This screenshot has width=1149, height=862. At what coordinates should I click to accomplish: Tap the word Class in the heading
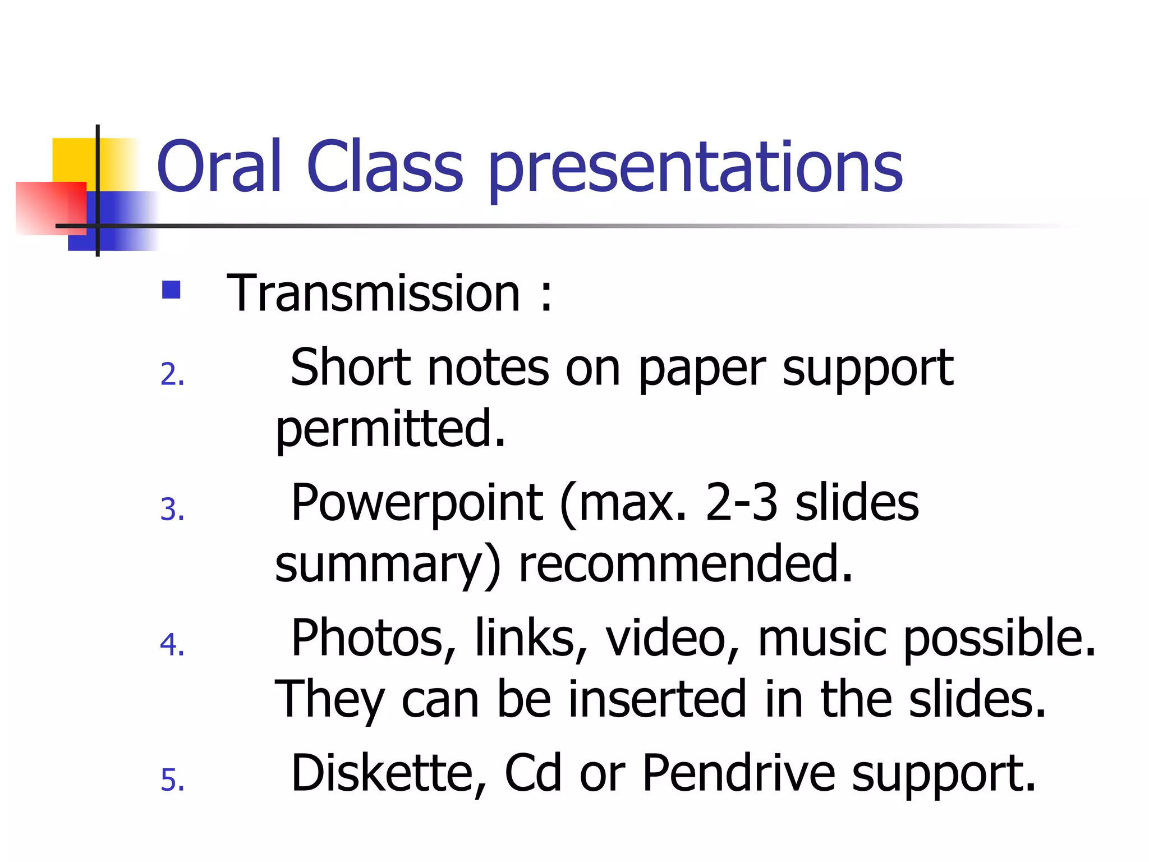[385, 166]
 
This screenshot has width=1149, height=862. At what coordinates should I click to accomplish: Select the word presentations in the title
[696, 168]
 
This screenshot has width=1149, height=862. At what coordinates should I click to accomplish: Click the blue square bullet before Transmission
[171, 290]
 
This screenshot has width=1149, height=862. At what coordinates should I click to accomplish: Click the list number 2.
[172, 374]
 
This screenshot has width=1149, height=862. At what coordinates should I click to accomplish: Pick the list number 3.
[172, 510]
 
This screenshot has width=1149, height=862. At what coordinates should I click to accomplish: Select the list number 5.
[172, 780]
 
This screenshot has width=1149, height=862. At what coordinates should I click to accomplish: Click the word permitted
[390, 429]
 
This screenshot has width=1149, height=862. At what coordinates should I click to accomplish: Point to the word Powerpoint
[416, 503]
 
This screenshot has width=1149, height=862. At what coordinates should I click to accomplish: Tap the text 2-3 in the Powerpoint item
[741, 503]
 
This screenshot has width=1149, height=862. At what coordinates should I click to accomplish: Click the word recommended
[686, 564]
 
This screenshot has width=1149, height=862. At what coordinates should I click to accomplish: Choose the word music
[822, 638]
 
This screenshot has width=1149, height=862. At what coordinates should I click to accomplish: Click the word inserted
[656, 699]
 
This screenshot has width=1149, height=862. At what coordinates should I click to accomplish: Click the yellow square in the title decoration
[73, 159]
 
